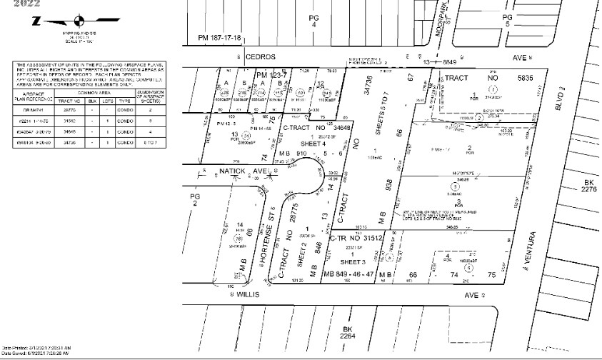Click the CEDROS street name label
point(259,55)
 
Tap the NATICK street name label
point(218,172)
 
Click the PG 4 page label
point(311,22)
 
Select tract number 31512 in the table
point(69,121)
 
